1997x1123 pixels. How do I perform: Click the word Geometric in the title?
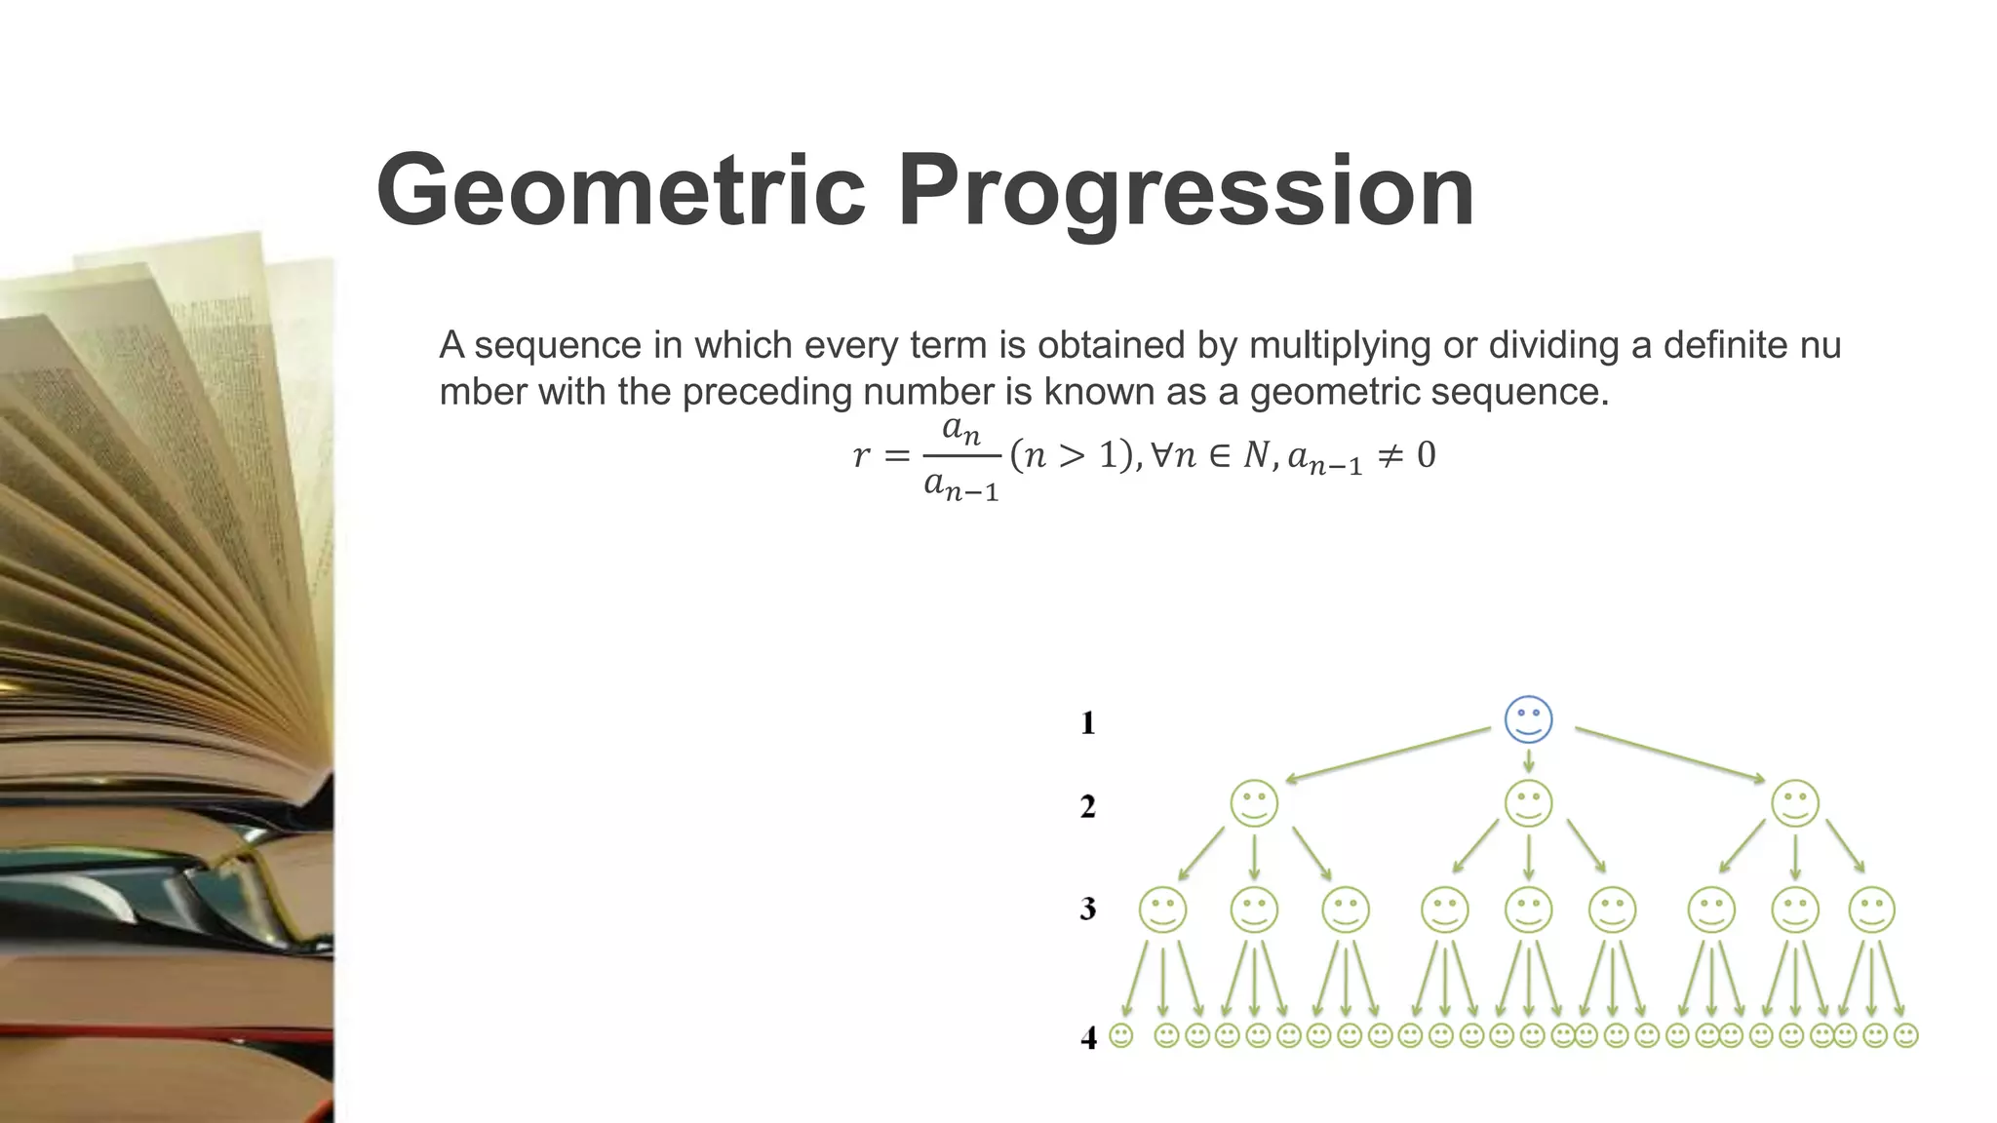(620, 191)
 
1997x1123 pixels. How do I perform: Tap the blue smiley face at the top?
(1528, 720)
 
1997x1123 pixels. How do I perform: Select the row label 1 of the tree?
(1088, 723)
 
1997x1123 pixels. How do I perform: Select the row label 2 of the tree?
(1088, 807)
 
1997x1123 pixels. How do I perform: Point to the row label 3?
(1088, 910)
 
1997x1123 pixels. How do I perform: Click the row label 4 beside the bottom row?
(1088, 1038)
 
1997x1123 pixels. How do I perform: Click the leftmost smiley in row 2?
(1254, 804)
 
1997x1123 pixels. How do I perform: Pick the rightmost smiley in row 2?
(1795, 804)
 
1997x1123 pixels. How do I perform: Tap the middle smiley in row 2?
(1528, 804)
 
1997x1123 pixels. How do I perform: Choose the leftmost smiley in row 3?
(1162, 910)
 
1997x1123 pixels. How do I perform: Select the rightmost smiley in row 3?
(1871, 910)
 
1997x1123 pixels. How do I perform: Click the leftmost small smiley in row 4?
(1121, 1035)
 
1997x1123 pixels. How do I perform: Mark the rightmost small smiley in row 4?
(1905, 1035)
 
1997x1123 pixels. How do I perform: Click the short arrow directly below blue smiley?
(1528, 760)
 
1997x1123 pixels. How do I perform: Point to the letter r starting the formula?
(861, 455)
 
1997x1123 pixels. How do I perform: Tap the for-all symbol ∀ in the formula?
(1160, 454)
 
